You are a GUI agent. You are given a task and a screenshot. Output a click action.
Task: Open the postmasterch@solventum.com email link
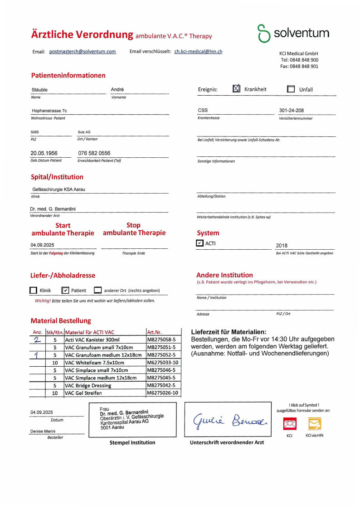[x=83, y=52]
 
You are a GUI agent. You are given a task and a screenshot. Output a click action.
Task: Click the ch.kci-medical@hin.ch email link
[x=198, y=52]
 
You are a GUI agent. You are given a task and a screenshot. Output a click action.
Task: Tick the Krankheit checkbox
[x=237, y=89]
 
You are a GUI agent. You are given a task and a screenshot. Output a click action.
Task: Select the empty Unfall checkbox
[x=291, y=89]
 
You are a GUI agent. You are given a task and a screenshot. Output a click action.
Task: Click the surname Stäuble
[x=40, y=90]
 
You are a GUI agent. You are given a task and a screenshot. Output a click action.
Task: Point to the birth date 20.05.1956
[x=44, y=153]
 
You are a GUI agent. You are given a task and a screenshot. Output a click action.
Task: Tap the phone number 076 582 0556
[x=94, y=153]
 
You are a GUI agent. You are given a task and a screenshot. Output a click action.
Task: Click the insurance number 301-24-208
[x=292, y=111]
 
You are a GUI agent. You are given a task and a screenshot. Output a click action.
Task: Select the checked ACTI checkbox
[x=200, y=243]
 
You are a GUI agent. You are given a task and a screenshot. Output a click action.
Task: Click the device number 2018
[x=282, y=246]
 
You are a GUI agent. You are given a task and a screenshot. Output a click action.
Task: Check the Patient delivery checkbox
[x=65, y=291]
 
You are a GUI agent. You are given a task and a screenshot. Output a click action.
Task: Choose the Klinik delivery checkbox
[x=33, y=291]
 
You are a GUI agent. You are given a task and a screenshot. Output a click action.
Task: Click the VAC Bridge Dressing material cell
[x=88, y=385]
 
